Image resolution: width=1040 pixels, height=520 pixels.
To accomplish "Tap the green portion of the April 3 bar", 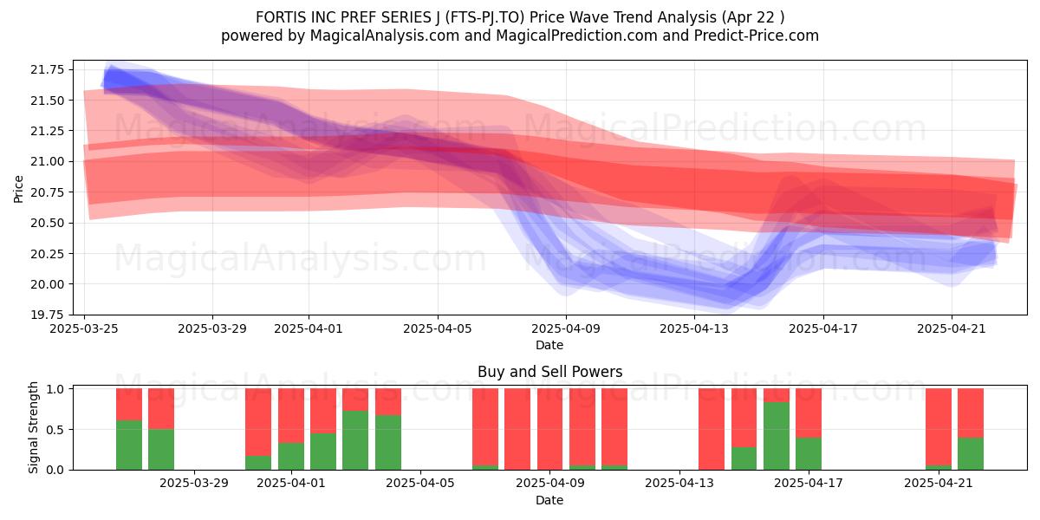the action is coord(355,440).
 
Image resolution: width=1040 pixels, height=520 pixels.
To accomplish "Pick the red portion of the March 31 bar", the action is coord(258,422).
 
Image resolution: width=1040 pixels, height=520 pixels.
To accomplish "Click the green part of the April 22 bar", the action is coord(971,453).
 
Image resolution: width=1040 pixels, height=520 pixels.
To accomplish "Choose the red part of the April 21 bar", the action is coord(939,426).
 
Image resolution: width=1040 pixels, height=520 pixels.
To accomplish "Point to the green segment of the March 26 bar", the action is coord(129,445).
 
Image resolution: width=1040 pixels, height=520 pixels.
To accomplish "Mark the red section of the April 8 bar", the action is coord(517,429).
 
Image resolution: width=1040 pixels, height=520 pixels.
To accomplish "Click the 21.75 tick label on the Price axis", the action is coord(48,69).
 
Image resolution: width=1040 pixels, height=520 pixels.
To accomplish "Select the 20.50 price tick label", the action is coord(48,223).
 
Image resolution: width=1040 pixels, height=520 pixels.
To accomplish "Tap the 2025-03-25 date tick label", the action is coord(84,328).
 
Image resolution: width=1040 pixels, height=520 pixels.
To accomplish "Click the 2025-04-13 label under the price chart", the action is coord(694,328).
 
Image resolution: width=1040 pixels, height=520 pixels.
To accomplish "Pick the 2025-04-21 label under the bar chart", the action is coord(939,483).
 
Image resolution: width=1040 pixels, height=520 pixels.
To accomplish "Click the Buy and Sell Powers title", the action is coord(549,372).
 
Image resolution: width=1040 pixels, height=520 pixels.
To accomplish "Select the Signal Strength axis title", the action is coord(33,427).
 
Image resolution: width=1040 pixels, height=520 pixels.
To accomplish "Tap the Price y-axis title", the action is coord(18,189).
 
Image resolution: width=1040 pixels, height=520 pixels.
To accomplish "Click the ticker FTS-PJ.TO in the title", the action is coord(484,17).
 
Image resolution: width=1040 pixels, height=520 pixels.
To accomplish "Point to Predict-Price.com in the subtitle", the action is coord(757,36).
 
